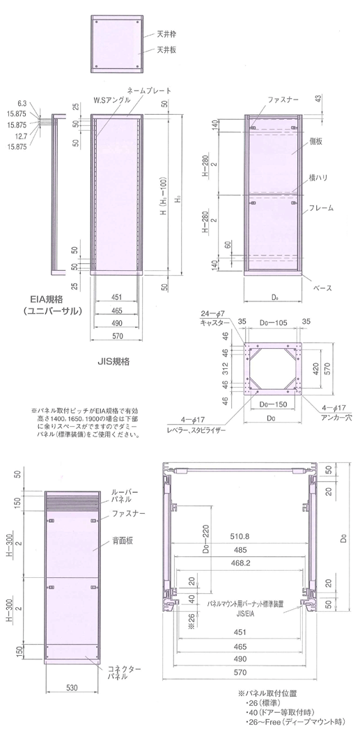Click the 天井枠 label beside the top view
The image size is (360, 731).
tap(165, 33)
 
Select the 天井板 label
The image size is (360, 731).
tap(165, 50)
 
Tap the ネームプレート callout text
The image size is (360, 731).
tap(148, 91)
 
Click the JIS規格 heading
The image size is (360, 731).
tap(113, 363)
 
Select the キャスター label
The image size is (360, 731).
tap(215, 323)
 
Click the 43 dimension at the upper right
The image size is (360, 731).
tap(319, 98)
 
